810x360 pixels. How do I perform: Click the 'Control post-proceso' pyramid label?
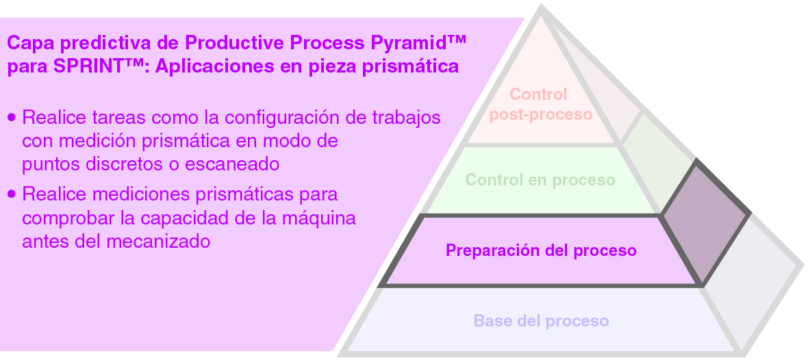tap(540, 104)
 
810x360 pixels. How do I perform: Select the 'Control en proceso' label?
tap(540, 180)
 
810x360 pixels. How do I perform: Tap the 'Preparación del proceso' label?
tap(541, 250)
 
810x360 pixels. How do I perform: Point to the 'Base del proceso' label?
tap(541, 320)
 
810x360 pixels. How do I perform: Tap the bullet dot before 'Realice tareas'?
tap(12, 118)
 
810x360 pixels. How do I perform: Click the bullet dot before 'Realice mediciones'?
tap(12, 194)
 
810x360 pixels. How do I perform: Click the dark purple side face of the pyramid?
tap(705, 221)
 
